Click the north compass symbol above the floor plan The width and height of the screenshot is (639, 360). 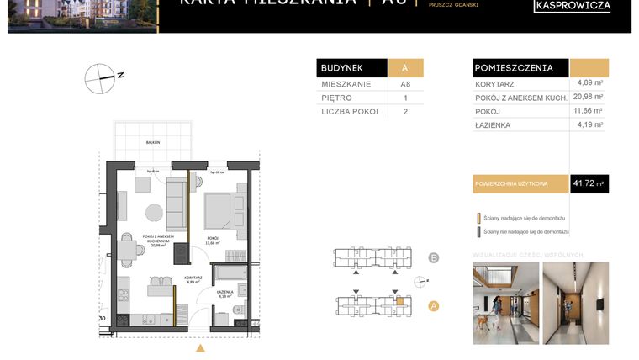(100, 78)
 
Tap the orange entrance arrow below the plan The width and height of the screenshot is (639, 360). (200, 346)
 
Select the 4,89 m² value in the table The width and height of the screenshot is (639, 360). (589, 82)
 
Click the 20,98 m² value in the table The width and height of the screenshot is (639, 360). (589, 97)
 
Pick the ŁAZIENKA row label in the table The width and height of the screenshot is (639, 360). (494, 125)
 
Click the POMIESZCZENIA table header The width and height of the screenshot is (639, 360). (514, 68)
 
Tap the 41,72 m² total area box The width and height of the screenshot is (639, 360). (589, 183)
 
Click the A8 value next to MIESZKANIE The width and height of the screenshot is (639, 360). (405, 84)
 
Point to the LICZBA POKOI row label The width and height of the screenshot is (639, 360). (350, 111)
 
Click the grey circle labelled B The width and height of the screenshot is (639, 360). (434, 258)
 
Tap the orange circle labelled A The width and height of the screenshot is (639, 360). (434, 305)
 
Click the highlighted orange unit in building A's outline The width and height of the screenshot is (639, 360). (400, 300)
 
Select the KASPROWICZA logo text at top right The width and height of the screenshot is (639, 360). (573, 6)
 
